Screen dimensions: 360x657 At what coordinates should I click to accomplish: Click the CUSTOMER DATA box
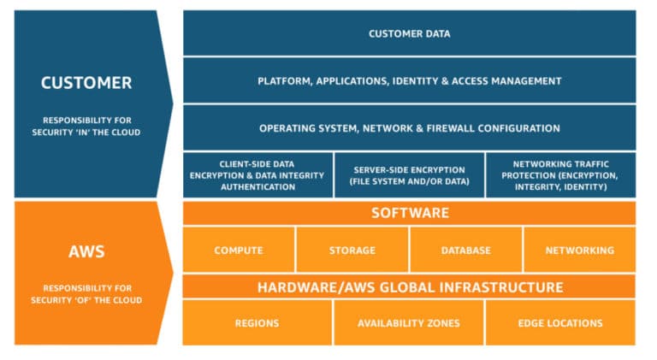409,33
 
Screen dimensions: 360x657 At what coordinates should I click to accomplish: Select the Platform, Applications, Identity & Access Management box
409,81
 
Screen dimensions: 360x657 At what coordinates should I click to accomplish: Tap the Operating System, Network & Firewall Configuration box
409,128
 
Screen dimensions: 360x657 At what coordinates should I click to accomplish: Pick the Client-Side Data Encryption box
257,175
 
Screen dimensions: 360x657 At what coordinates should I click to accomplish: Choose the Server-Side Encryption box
408,175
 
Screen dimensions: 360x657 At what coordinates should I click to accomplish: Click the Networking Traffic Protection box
560,175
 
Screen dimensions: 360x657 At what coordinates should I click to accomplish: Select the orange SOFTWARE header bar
409,213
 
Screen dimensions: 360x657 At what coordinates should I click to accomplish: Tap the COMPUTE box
239,251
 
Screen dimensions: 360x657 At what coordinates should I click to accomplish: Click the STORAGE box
352,251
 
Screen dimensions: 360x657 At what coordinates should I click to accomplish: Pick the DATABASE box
465,251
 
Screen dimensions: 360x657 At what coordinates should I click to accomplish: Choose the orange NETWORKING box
579,251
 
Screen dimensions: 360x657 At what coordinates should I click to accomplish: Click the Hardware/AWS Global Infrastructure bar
409,287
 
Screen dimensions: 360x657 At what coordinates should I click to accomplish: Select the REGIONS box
257,323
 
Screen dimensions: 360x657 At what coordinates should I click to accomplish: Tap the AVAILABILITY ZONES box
408,323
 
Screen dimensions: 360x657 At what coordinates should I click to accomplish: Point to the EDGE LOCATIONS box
560,323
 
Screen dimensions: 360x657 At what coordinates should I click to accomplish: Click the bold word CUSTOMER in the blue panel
86,83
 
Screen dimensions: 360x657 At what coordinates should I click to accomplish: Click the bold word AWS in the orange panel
86,251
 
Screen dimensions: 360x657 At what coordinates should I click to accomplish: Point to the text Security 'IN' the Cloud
86,132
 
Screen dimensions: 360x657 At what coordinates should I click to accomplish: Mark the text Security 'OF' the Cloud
86,300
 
